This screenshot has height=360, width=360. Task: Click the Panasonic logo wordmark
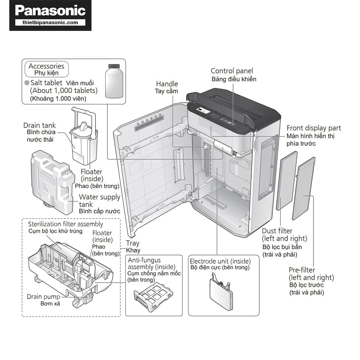[x=50, y=10]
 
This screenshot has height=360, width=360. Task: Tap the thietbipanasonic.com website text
[x=50, y=22]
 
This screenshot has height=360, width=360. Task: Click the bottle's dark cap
[x=114, y=66]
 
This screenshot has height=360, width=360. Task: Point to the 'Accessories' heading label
[x=46, y=66]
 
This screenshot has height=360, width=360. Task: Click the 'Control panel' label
[x=232, y=71]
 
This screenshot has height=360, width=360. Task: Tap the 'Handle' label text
[x=167, y=84]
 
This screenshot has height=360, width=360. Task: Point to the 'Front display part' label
[x=313, y=128]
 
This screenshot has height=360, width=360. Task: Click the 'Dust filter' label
[x=277, y=231]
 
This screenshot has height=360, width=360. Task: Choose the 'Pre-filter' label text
[x=301, y=270]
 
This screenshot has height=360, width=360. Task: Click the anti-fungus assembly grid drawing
[x=153, y=295]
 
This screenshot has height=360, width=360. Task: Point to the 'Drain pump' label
[x=43, y=297]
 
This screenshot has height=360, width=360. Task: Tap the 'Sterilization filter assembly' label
[x=65, y=224]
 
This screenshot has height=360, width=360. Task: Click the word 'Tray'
[x=133, y=243]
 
